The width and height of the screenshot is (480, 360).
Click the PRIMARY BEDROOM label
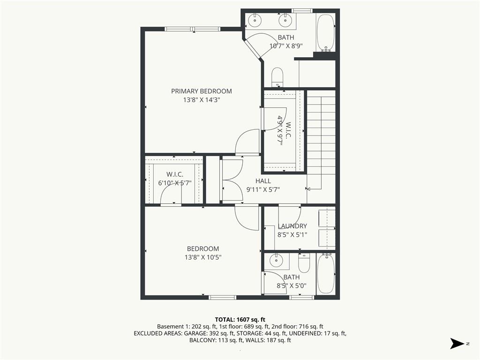pos(201,91)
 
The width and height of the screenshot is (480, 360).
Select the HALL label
pos(263,181)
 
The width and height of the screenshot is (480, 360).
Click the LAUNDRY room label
pos(292,226)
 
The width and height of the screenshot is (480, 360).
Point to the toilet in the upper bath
pos(277,77)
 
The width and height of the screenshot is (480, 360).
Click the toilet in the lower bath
pos(304,263)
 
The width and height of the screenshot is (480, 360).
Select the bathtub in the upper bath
pos(325,32)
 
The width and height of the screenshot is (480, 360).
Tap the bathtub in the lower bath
pos(326,274)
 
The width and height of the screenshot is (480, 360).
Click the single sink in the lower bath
pos(277,259)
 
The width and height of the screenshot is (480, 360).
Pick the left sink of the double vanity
pos(255,20)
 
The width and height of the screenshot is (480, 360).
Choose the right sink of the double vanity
pos(285,20)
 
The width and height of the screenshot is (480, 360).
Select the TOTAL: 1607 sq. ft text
pos(240,319)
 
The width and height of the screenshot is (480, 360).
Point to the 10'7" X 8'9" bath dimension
pos(286,46)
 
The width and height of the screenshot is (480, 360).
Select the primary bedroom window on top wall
pos(193,29)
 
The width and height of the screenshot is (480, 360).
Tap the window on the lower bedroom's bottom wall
pos(222,297)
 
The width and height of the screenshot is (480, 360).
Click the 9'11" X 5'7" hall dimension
pos(263,189)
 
